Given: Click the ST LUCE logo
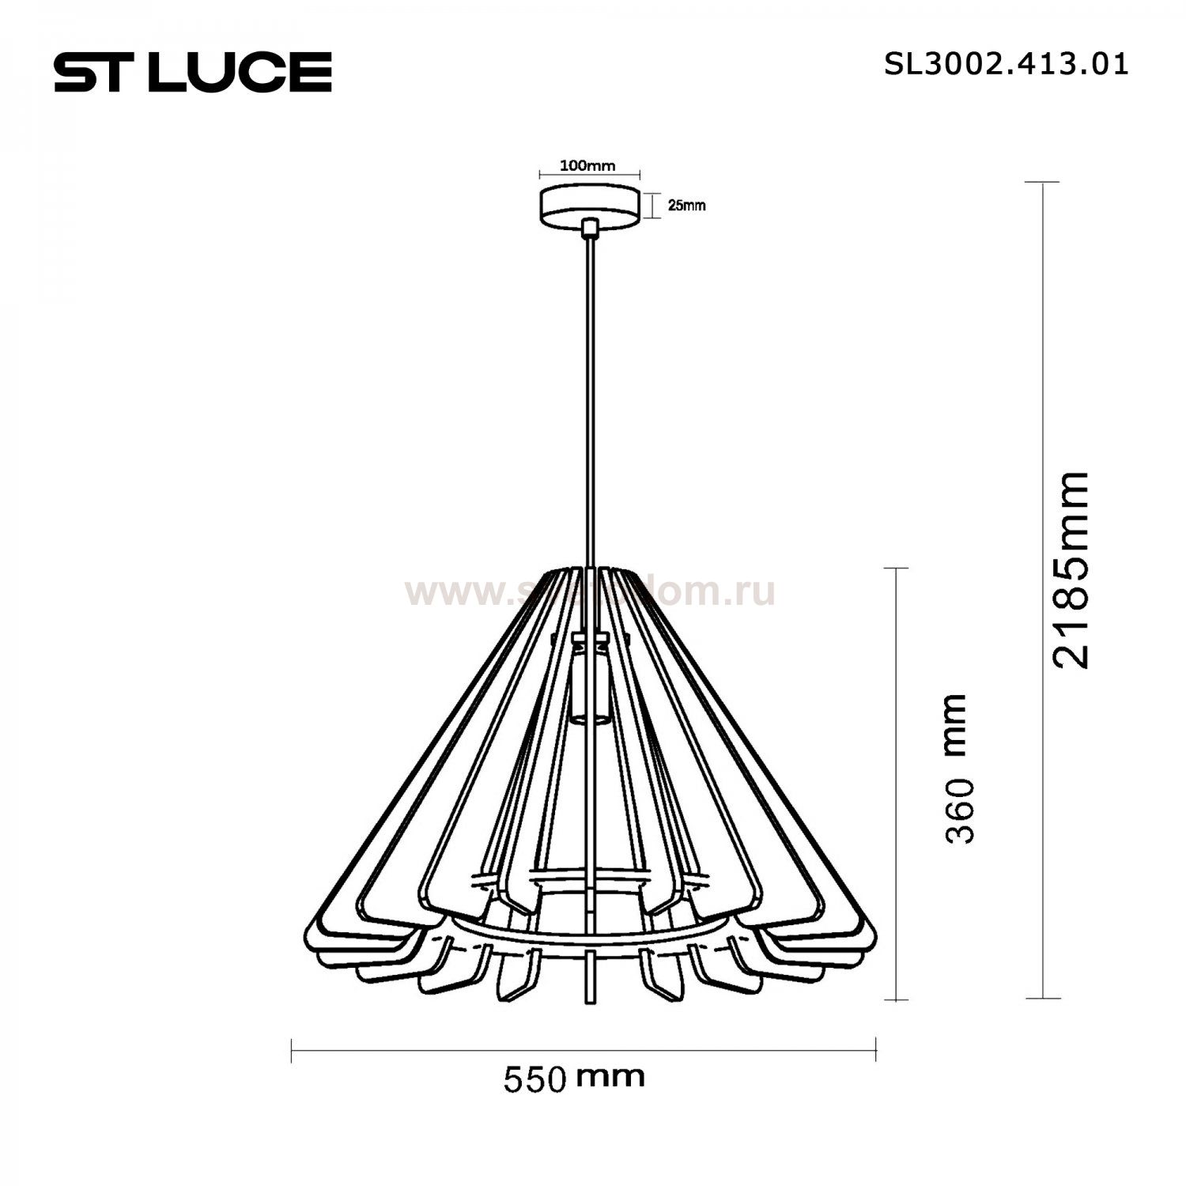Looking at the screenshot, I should click(192, 72).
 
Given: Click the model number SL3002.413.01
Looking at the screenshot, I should click(1006, 64).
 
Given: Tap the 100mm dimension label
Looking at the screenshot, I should click(587, 166).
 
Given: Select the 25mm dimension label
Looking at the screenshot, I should click(686, 206).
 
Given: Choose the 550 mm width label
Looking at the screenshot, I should click(574, 1078).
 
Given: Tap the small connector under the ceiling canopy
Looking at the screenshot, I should click(588, 229).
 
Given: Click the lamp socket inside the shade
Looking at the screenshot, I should click(588, 680).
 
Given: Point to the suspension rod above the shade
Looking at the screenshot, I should click(589, 395).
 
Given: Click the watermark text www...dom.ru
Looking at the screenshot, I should click(590, 591).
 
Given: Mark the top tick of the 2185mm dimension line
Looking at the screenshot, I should click(1042, 183).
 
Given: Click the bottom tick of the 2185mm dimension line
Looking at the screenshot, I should click(1042, 999).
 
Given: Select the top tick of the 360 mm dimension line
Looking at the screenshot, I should click(895, 568).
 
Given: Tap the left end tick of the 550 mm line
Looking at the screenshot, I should click(293, 1050).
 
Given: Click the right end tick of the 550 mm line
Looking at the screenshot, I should click(876, 1050).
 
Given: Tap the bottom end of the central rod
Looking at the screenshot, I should click(589, 1001).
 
